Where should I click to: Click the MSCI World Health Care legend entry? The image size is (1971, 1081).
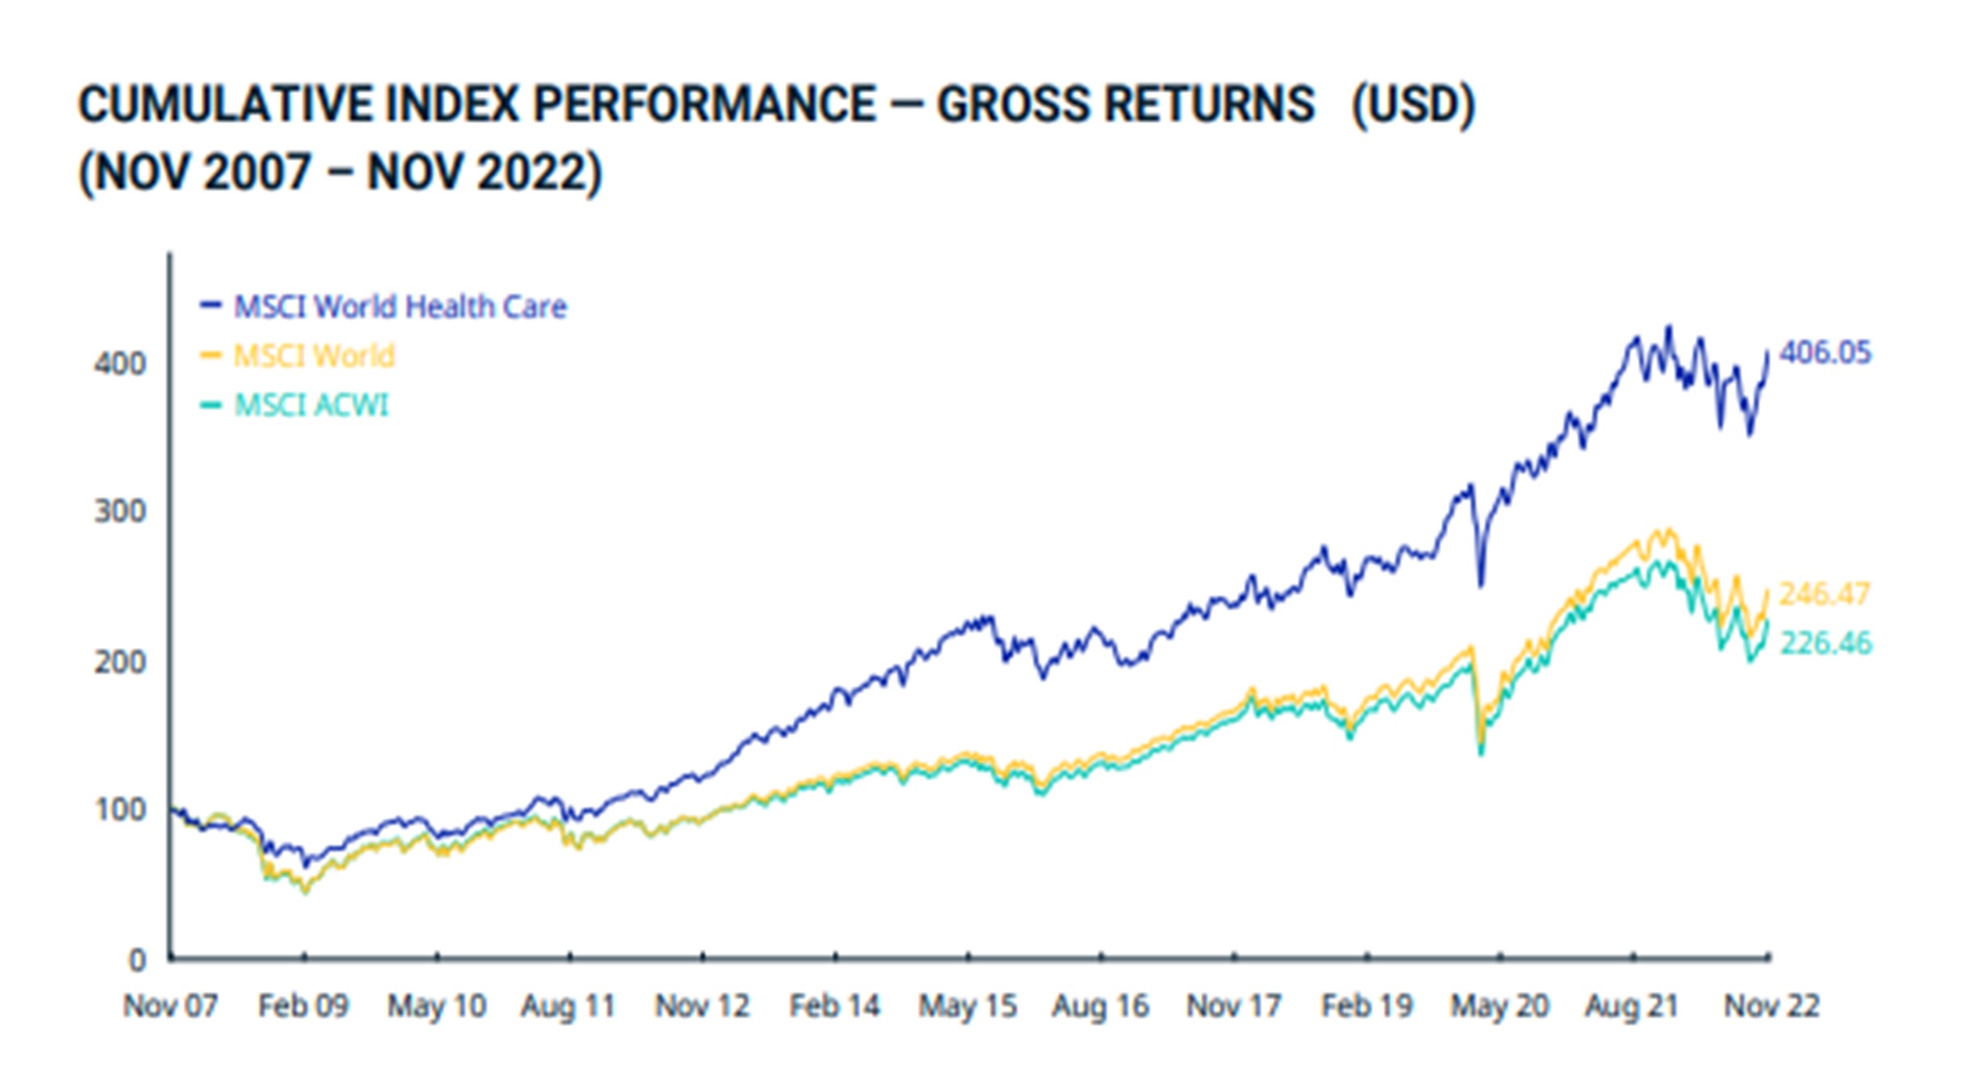400,307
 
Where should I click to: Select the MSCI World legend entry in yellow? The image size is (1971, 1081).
313,356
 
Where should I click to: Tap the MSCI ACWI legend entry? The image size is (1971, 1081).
311,405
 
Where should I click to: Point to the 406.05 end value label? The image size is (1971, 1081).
1825,353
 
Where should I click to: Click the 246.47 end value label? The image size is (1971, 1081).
1824,594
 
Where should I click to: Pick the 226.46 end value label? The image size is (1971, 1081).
1825,643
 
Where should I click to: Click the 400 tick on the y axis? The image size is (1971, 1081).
120,363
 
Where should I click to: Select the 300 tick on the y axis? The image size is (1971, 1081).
120,511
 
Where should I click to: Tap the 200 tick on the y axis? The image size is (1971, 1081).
120,662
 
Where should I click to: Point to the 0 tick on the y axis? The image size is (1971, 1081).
138,960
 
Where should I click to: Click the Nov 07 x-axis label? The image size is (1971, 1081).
170,1006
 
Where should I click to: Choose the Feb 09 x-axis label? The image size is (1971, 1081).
303,1006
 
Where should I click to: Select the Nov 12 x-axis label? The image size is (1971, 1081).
702,1006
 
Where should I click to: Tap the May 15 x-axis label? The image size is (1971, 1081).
968,1006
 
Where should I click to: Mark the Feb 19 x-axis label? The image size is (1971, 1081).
1367,1006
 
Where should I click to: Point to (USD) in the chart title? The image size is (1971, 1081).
1414,104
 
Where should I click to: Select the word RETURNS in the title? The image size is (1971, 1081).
1210,104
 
